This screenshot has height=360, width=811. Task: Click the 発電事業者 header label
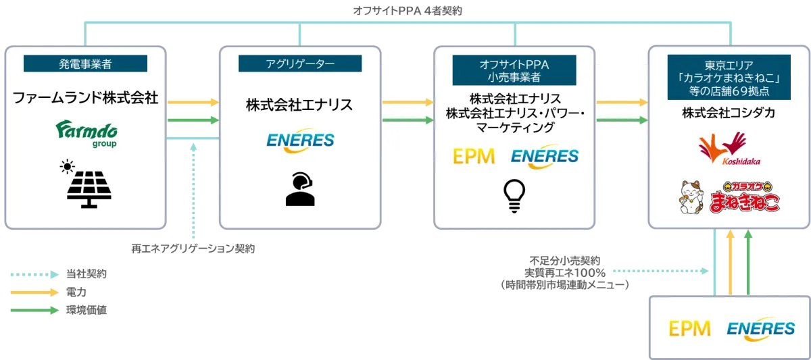pyautogui.click(x=85, y=64)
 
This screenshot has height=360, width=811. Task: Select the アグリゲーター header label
pyautogui.click(x=300, y=64)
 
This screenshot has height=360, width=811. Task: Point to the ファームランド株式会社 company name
pyautogui.click(x=85, y=99)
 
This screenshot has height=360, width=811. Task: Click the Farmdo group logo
pyautogui.click(x=86, y=133)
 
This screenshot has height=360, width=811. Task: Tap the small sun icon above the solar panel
pyautogui.click(x=66, y=165)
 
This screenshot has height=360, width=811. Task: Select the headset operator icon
pyautogui.click(x=299, y=189)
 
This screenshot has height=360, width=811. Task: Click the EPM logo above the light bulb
pyautogui.click(x=473, y=156)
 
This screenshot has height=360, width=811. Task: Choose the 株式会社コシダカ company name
pyautogui.click(x=728, y=113)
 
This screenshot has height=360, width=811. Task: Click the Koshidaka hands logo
pyautogui.click(x=722, y=151)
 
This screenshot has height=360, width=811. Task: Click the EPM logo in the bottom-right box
pyautogui.click(x=689, y=329)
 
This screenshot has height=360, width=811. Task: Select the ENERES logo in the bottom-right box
pyautogui.click(x=761, y=329)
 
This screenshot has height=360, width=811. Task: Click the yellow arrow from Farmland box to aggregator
pyautogui.click(x=193, y=102)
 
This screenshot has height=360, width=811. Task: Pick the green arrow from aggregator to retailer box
pyautogui.click(x=408, y=120)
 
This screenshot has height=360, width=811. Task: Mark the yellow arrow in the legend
pyautogui.click(x=32, y=292)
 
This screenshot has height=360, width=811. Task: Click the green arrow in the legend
pyautogui.click(x=32, y=310)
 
